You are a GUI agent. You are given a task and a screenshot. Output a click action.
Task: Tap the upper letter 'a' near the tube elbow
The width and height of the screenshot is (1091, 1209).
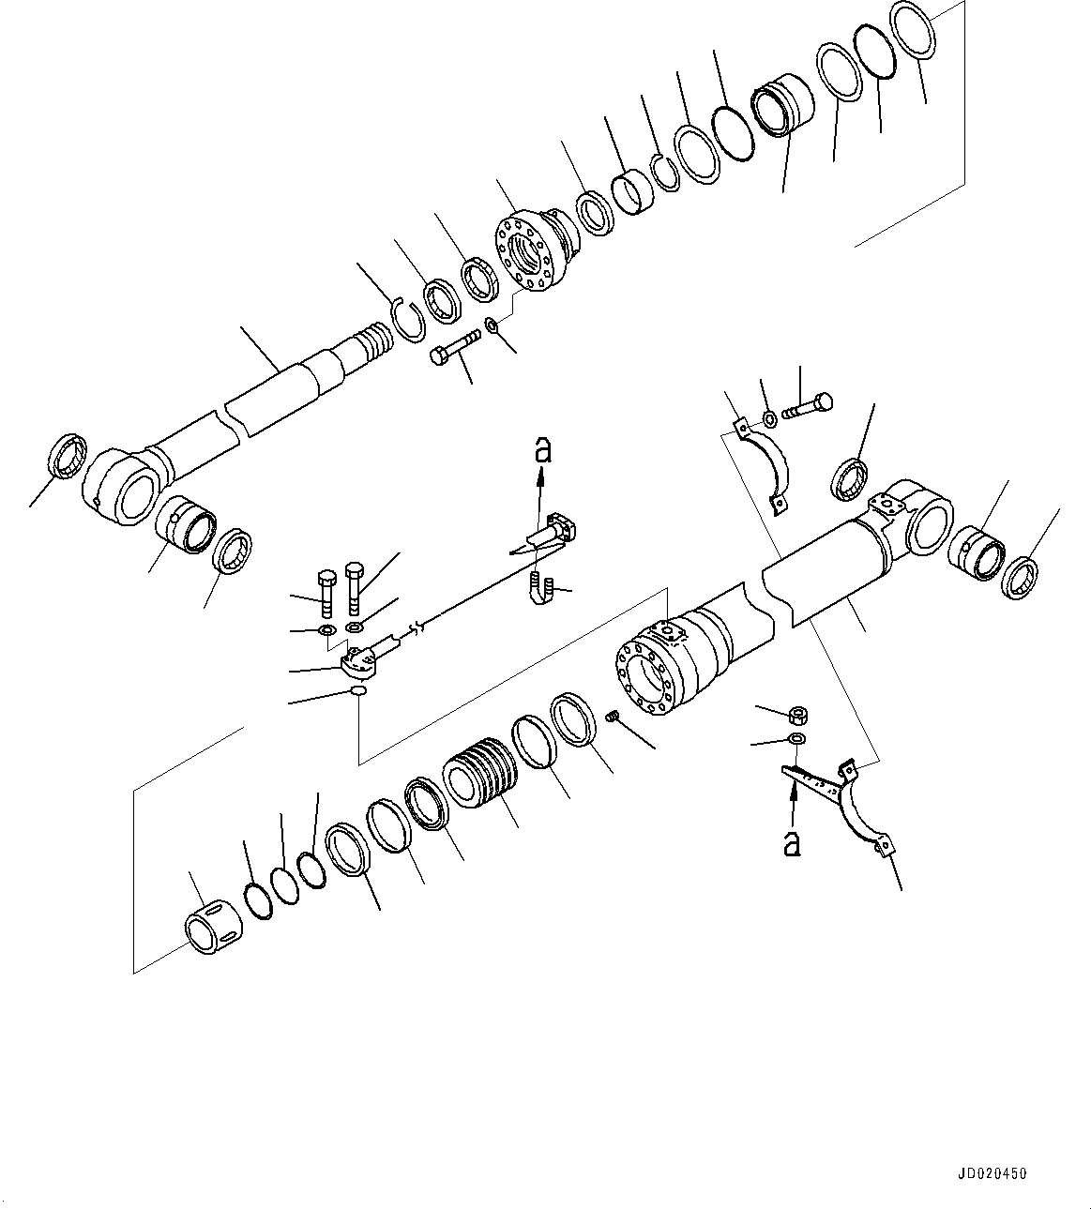click(x=541, y=451)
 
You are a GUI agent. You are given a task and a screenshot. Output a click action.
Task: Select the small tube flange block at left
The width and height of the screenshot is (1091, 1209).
click(x=358, y=660)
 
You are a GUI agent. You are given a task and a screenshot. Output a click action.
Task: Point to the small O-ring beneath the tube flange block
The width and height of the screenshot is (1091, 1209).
click(x=357, y=692)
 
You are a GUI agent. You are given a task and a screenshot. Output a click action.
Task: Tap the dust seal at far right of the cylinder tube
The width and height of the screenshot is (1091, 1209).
click(x=1021, y=577)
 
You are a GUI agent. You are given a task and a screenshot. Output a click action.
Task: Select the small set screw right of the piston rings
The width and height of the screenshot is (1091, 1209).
click(x=614, y=717)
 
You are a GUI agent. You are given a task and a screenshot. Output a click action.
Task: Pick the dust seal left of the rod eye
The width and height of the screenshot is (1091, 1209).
click(x=68, y=456)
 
